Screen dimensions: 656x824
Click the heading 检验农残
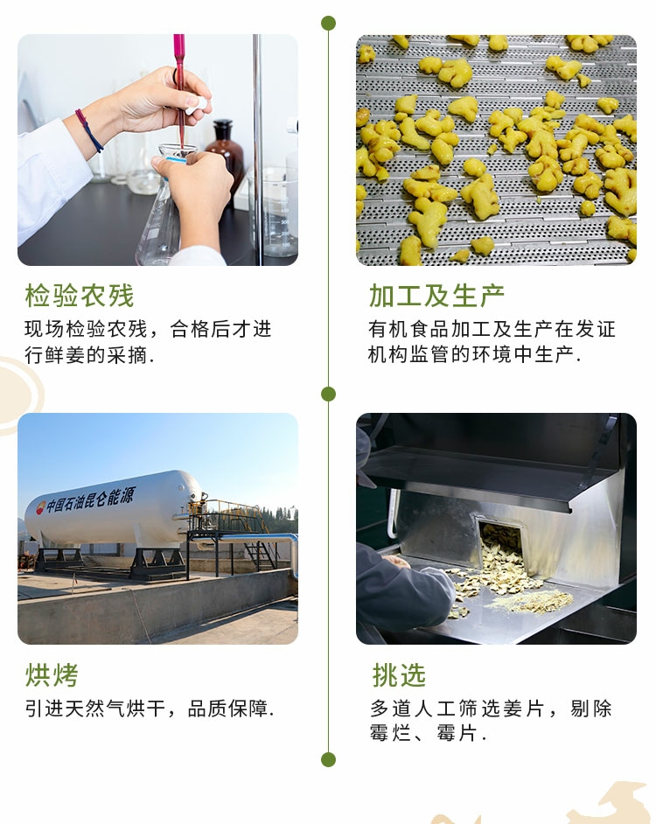80,296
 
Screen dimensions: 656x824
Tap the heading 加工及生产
436,296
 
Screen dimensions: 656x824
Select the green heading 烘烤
52,674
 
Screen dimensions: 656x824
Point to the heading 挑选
399,674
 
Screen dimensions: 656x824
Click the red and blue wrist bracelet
89,129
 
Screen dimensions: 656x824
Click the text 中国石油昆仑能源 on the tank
90,499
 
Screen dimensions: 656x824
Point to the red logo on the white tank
40,507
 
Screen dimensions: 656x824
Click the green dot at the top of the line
329,23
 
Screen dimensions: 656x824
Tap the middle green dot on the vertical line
329,394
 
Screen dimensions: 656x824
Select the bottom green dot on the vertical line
329,759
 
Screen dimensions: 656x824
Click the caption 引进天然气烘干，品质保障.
150,709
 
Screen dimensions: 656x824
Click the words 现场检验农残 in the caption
87,329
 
